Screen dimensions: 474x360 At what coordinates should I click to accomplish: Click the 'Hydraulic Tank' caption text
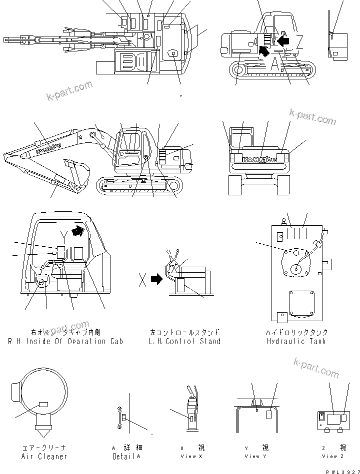pos(296,341)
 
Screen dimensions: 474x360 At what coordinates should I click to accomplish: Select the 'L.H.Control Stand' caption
pos(184,341)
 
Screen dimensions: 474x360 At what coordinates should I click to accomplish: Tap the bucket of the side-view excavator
pos(76,172)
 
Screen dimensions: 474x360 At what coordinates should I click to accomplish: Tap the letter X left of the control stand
pos(142,281)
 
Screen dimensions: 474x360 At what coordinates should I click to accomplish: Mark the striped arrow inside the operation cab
pos(78,231)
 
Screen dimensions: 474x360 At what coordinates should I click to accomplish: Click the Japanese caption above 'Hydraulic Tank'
pos(296,332)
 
